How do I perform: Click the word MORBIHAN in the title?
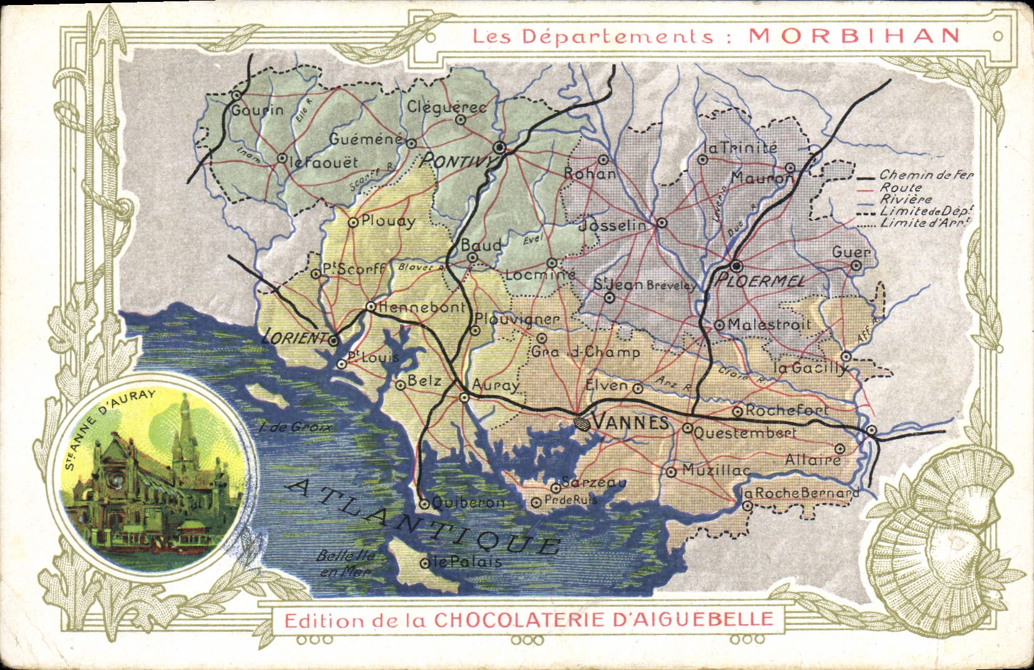(854, 34)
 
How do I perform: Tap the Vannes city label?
(630, 423)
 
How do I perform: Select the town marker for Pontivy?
(499, 148)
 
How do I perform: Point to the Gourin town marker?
(237, 96)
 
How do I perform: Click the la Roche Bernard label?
(799, 493)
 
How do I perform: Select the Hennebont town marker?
(371, 307)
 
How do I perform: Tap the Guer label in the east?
(851, 252)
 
